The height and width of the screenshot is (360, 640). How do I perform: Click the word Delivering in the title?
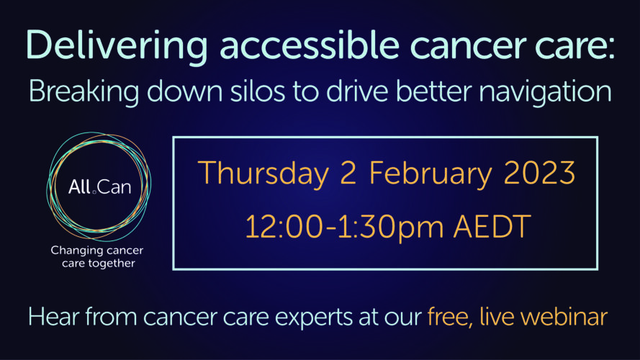[117, 46]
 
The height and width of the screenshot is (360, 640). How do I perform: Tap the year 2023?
[540, 173]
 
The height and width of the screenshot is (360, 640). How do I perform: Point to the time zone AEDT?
[492, 227]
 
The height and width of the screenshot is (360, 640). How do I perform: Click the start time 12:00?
[284, 227]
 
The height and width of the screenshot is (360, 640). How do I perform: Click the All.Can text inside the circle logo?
[99, 187]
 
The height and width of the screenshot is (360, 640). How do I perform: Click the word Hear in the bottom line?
[54, 317]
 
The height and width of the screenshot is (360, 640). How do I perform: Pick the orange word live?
[497, 316]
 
